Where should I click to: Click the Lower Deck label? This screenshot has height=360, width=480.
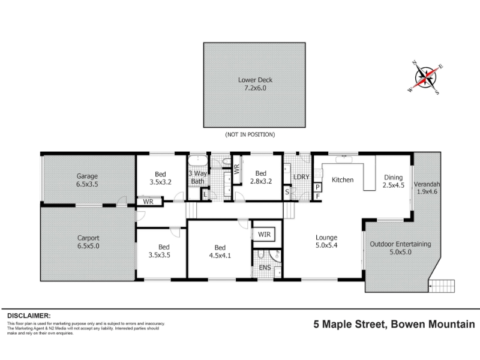coord(255,84)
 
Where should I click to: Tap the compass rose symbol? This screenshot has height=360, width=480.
coord(425,77)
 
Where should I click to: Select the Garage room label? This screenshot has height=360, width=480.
coord(87,180)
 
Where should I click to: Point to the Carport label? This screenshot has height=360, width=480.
coord(88,242)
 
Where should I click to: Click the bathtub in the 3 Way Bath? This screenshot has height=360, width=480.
coord(198,161)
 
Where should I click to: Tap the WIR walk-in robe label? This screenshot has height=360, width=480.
coord(264,235)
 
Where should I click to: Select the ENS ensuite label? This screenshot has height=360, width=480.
coord(265,268)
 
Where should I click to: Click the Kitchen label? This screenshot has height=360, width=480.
coord(343,179)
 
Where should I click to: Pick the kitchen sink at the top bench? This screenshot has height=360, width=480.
coord(344,159)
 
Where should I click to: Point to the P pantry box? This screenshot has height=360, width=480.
coord(317,187)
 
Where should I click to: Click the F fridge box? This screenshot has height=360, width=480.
coord(318,196)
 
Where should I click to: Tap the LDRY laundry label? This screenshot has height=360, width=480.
coord(301,177)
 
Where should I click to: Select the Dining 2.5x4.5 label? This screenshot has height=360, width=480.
coord(394,181)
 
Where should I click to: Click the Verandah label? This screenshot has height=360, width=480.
coord(427,184)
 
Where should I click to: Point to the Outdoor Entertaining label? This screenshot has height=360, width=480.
coord(400,248)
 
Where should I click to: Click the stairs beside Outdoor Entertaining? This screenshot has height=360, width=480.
coord(441,286)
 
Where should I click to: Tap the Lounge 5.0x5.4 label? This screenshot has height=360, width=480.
coord(326,241)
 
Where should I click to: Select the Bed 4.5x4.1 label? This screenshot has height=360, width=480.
coord(220,251)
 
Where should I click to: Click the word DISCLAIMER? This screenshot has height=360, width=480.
coord(29,316)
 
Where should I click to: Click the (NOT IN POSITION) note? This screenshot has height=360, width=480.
coord(250,134)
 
